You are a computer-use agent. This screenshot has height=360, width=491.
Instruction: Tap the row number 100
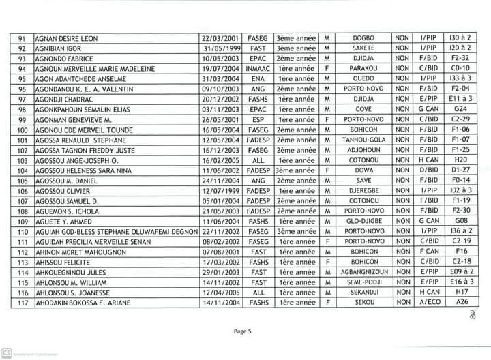point(23,130)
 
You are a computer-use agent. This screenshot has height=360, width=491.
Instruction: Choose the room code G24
point(461,109)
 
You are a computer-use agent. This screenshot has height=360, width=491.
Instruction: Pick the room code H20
point(461,160)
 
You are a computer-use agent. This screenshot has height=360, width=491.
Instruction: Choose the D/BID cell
point(429,170)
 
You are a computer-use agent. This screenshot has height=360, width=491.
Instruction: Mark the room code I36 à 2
point(461,232)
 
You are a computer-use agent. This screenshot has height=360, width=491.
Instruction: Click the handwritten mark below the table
point(470,315)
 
